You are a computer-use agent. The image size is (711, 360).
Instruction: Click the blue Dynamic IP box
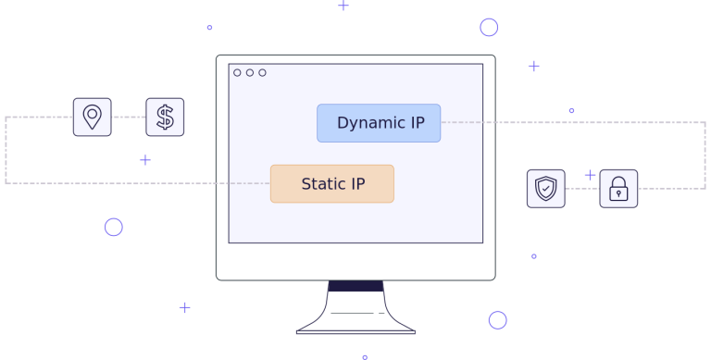(x=379, y=123)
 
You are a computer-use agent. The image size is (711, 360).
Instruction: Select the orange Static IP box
(x=331, y=183)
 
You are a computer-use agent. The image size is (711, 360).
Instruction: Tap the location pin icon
(x=92, y=117)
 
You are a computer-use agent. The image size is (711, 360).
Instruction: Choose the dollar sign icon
(x=165, y=117)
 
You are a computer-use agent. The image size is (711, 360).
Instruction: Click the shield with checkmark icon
(x=545, y=189)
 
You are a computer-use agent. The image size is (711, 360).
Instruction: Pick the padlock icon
(x=618, y=189)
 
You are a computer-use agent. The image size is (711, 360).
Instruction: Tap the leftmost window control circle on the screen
(x=237, y=72)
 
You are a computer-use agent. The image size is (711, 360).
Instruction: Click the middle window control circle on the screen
(x=250, y=72)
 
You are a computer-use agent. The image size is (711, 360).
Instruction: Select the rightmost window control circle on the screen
(x=262, y=72)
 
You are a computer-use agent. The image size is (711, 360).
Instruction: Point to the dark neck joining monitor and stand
(x=355, y=286)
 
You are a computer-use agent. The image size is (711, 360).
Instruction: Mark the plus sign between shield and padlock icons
(x=590, y=175)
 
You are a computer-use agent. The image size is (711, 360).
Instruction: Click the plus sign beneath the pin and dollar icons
(x=144, y=159)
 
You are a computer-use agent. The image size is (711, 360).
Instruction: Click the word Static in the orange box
(x=320, y=184)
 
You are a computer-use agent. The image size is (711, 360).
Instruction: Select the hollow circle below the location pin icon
(x=113, y=227)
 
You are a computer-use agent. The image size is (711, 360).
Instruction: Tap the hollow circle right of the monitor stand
(x=497, y=320)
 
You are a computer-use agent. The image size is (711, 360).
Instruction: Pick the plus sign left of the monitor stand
(x=184, y=307)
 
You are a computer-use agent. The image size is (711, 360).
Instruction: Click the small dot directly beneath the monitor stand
(x=365, y=356)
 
